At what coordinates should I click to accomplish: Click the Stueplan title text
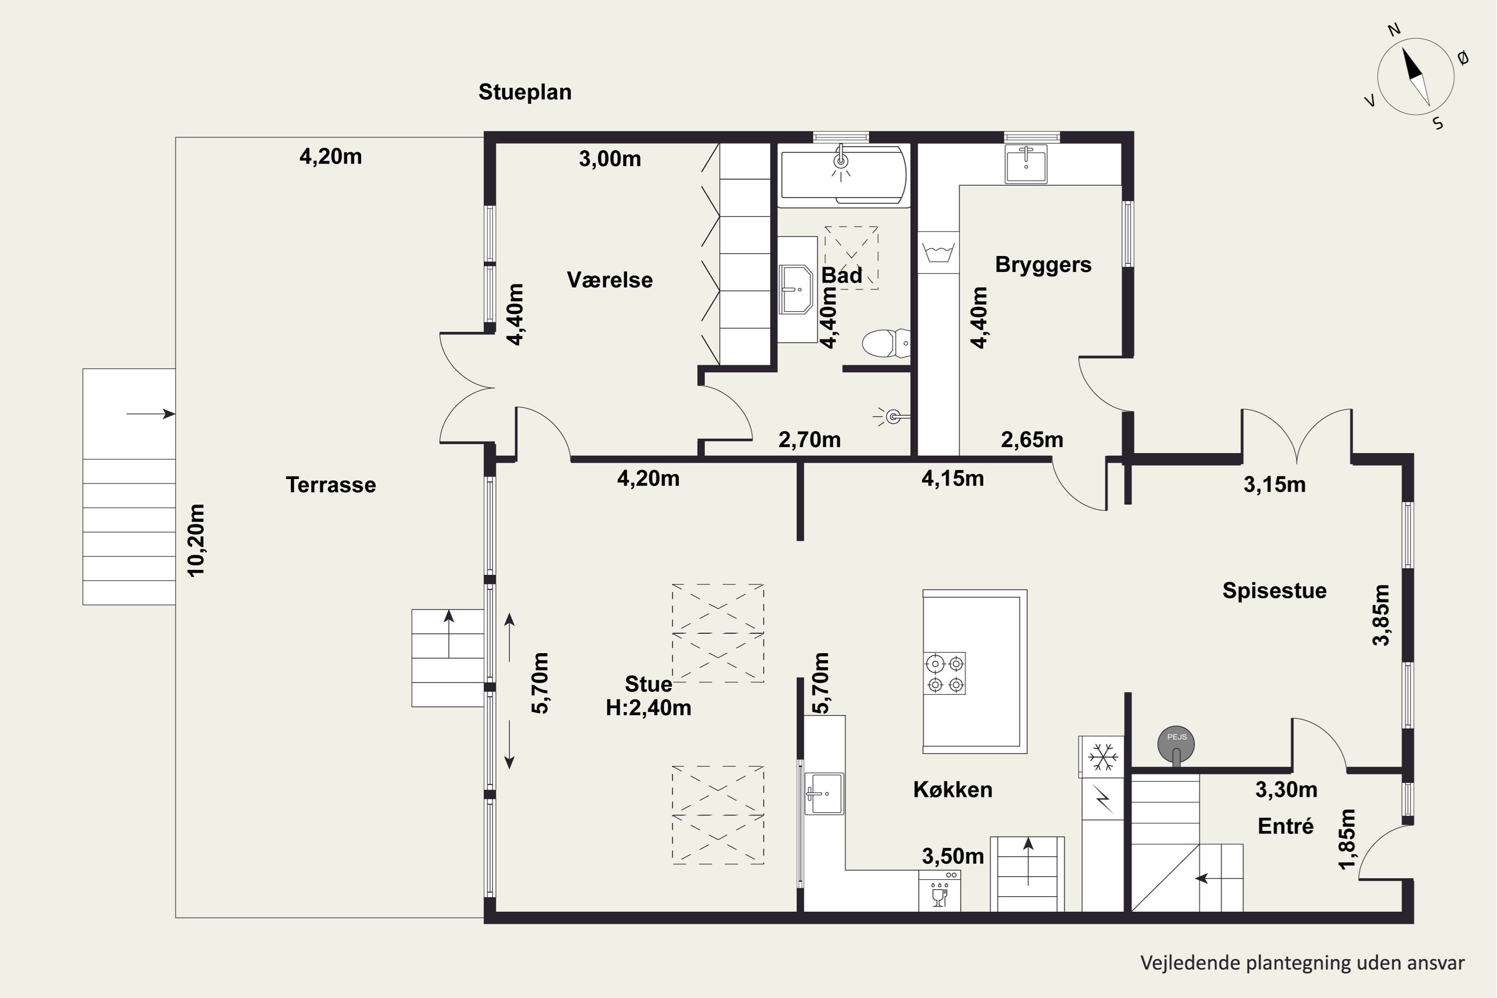[x=525, y=92]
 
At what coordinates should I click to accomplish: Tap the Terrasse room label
[x=331, y=485]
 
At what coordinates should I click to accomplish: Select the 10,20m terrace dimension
[x=196, y=540]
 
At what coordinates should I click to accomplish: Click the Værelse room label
[x=610, y=280]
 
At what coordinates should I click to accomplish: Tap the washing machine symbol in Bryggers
[x=938, y=252]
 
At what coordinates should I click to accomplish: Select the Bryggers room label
[x=1043, y=265]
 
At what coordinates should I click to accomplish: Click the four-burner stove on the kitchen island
[x=945, y=673]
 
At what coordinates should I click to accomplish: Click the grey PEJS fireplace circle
[x=1176, y=744]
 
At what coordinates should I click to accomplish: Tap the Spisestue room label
[x=1274, y=591]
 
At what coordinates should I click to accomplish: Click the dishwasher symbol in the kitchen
[x=940, y=892]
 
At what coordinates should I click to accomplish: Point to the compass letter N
[x=1394, y=29]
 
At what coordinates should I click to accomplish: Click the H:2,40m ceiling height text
[x=649, y=708]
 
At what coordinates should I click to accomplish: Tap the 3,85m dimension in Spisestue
[x=1381, y=615]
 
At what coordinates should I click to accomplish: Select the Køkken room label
[x=953, y=790]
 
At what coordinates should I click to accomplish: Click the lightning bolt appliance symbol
[x=1103, y=799]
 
